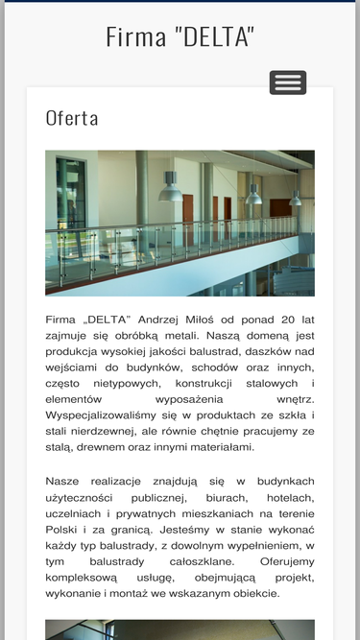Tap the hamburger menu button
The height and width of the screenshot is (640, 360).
click(x=288, y=83)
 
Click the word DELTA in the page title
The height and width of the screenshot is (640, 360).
click(x=216, y=37)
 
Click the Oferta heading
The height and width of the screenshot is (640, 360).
click(x=72, y=118)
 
